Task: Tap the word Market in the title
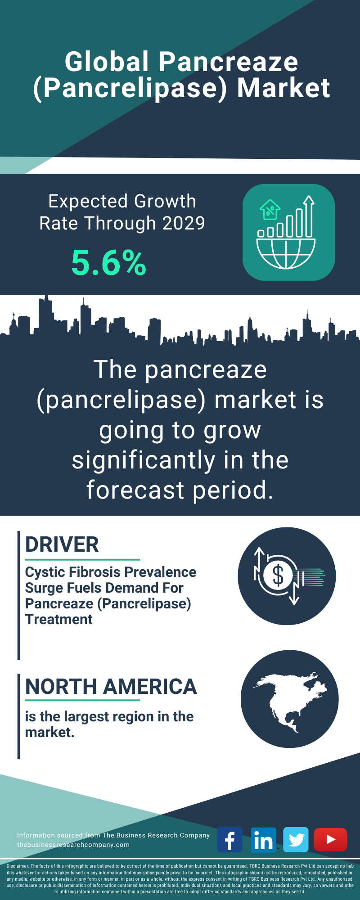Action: (283, 88)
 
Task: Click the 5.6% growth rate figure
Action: (109, 263)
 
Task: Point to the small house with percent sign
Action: (270, 210)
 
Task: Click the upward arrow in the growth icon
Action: (308, 216)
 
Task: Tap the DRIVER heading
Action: (62, 544)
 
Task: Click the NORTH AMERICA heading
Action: (111, 687)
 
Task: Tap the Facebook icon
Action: (229, 840)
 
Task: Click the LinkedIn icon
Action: (263, 840)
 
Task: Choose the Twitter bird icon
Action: (296, 840)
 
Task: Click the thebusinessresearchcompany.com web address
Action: (73, 845)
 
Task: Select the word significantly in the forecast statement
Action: (144, 460)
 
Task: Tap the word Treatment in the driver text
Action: (59, 619)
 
